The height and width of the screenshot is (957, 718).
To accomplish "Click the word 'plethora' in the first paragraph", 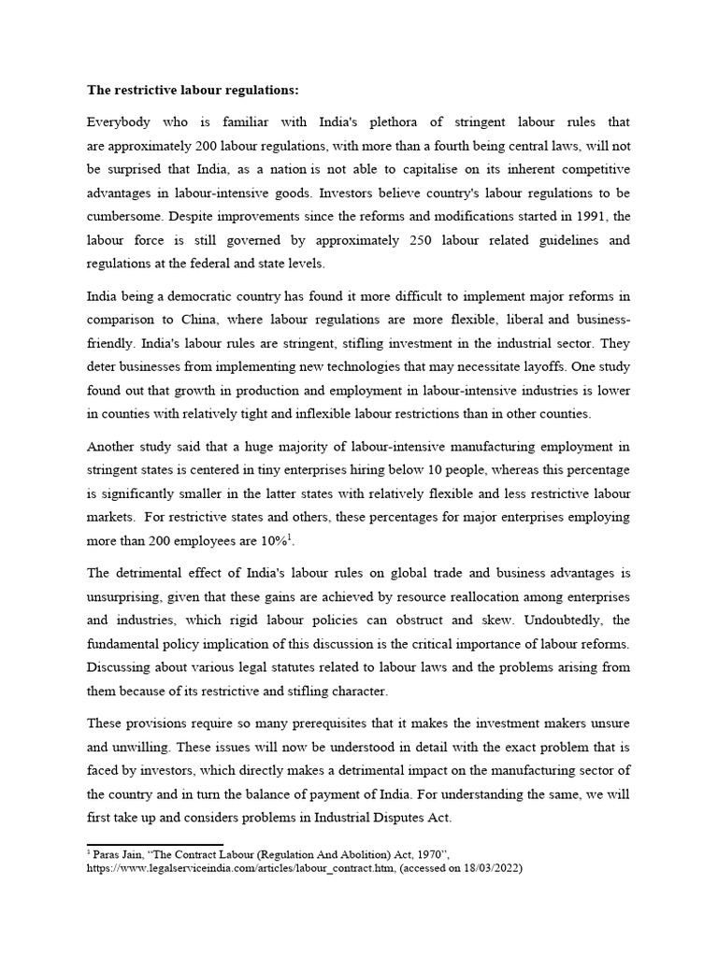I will pos(379,121).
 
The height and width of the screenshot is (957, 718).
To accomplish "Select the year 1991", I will pos(594,217).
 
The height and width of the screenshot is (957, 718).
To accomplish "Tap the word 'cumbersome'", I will pos(126,217).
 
